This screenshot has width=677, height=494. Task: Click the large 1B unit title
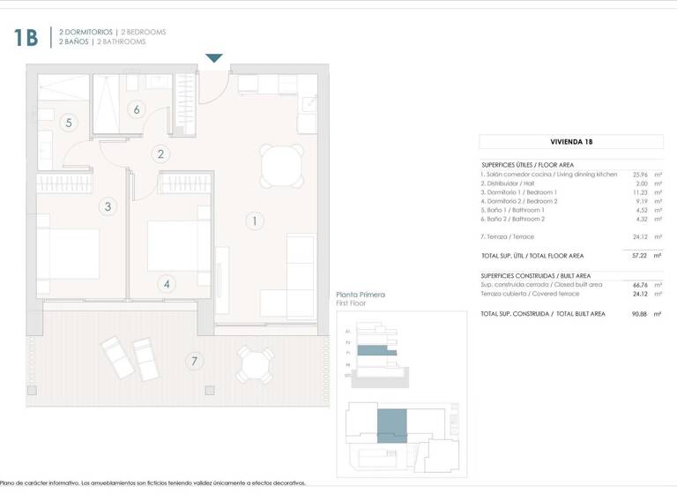click(26, 37)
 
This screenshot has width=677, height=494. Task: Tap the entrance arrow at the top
click(214, 58)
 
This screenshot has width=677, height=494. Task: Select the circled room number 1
click(254, 221)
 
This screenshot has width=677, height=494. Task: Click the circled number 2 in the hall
click(160, 153)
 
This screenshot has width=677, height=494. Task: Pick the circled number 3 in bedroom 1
click(108, 206)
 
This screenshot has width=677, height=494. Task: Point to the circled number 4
click(167, 284)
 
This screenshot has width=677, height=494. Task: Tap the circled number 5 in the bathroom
click(69, 123)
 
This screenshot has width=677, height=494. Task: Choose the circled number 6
click(136, 110)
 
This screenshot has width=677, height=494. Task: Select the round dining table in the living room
click(279, 163)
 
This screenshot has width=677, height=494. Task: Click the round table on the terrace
click(254, 363)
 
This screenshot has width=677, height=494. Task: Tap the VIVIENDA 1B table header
click(570, 142)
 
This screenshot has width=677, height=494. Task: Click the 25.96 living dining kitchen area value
click(642, 175)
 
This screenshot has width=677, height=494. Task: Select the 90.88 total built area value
click(642, 313)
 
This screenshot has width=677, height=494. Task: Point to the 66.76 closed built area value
click(642, 285)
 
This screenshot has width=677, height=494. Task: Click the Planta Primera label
click(361, 295)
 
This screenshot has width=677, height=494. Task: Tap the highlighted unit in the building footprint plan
click(391, 424)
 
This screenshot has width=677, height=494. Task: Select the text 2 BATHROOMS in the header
click(122, 41)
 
